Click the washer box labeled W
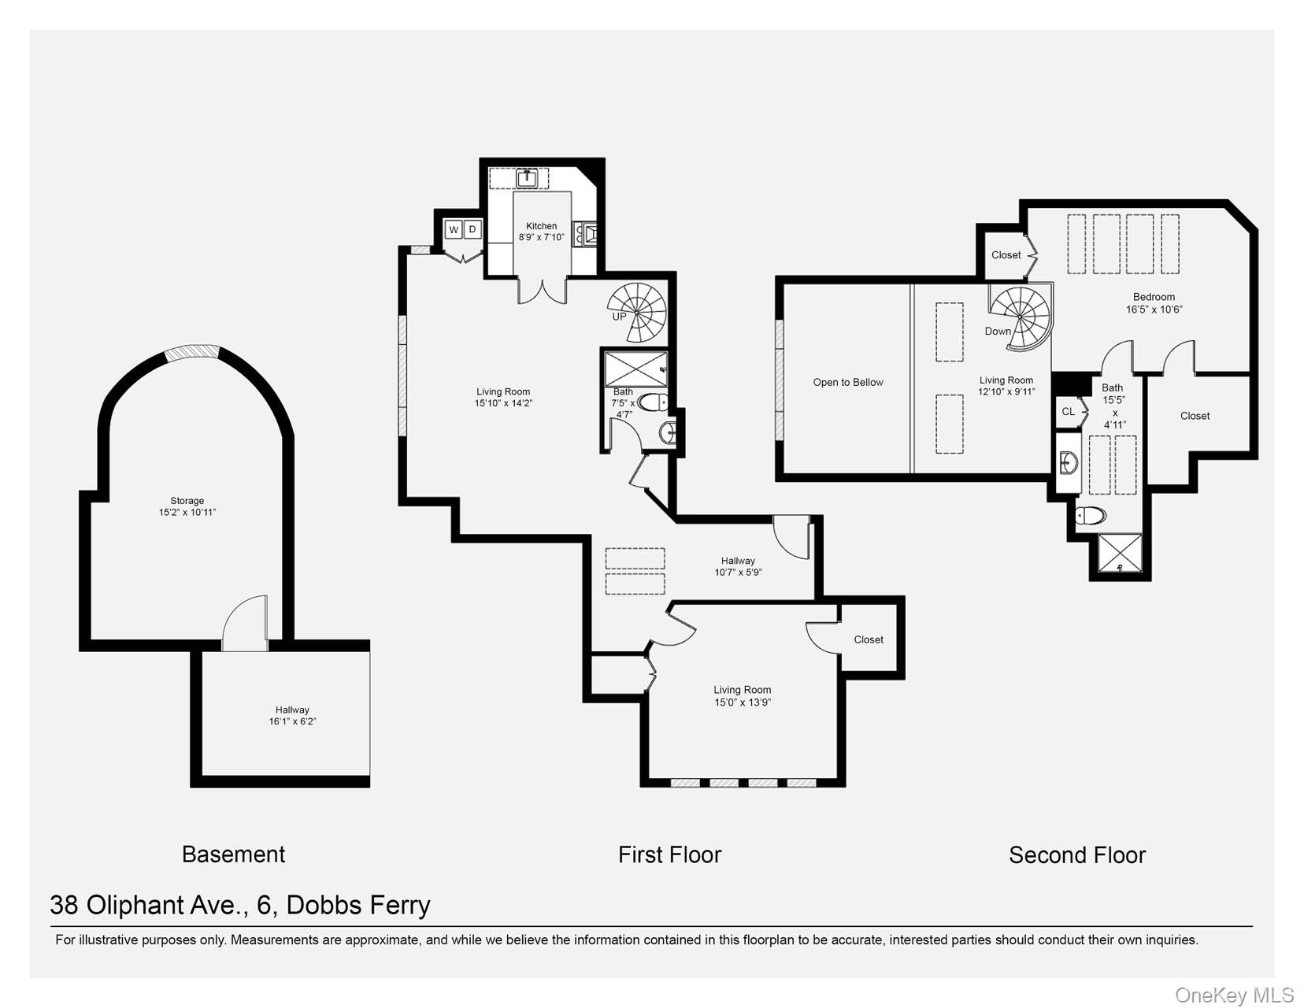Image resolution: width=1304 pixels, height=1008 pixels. click(x=454, y=230)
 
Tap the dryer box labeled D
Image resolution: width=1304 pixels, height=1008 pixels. click(x=472, y=229)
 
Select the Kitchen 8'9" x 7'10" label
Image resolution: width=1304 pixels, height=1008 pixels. click(x=542, y=232)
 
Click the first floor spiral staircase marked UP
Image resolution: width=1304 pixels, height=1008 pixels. click(x=637, y=312)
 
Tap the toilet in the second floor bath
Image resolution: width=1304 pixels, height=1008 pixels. click(x=1091, y=516)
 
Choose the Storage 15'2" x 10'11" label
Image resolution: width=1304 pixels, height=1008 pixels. click(x=187, y=506)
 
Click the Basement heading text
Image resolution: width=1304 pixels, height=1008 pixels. click(x=233, y=854)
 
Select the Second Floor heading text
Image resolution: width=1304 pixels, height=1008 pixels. click(x=1076, y=855)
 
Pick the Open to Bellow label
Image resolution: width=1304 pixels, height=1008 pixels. click(x=848, y=383)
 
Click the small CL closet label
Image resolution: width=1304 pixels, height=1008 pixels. click(x=1068, y=412)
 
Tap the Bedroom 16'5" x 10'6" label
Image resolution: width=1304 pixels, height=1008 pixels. click(x=1154, y=303)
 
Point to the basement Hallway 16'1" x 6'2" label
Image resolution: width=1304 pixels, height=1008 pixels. click(x=292, y=716)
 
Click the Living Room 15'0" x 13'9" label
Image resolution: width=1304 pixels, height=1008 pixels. click(x=742, y=696)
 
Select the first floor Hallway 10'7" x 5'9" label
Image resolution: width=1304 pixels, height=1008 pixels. click(x=738, y=567)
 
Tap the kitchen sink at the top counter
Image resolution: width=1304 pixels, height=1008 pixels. click(x=527, y=179)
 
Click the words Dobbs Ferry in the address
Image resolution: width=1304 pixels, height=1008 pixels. click(x=358, y=906)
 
